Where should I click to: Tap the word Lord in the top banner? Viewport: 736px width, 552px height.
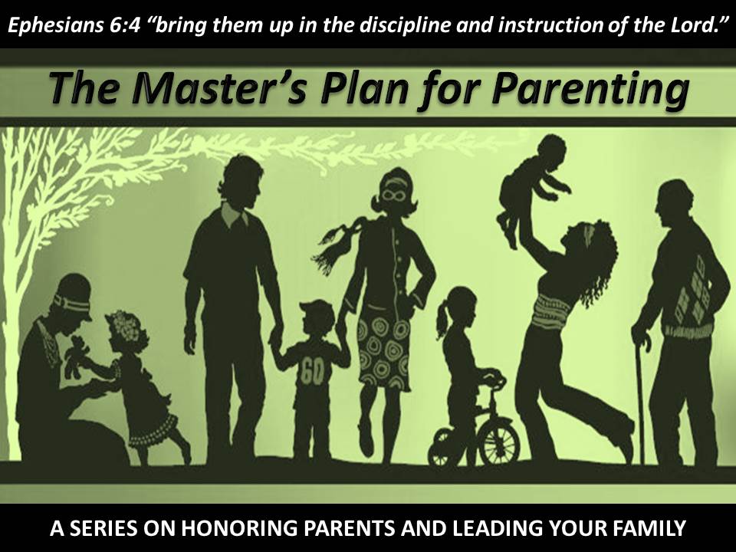point(695,25)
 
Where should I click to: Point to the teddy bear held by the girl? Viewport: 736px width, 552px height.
point(76,356)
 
